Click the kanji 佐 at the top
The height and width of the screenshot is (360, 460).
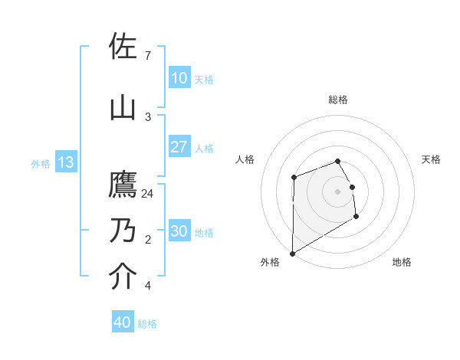pyautogui.click(x=123, y=47)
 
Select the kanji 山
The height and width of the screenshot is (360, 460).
pyautogui.click(x=123, y=107)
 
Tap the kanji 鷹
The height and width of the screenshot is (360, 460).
pyautogui.click(x=123, y=185)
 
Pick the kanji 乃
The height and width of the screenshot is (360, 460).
pyautogui.click(x=123, y=231)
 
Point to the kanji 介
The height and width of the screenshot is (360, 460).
pyautogui.click(x=123, y=277)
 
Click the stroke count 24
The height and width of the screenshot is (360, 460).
pyautogui.click(x=148, y=194)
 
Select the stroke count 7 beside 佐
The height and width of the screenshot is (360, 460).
pyautogui.click(x=147, y=56)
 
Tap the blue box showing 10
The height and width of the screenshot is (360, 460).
pyautogui.click(x=179, y=78)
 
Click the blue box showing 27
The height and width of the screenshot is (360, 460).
pyautogui.click(x=179, y=147)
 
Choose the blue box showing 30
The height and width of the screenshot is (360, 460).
pyautogui.click(x=179, y=231)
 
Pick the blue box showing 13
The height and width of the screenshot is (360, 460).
pyautogui.click(x=65, y=162)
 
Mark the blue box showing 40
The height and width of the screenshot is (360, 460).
pyautogui.click(x=123, y=322)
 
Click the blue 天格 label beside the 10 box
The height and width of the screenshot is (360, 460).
pyautogui.click(x=204, y=79)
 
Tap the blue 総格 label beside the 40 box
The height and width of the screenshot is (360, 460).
pyautogui.click(x=147, y=323)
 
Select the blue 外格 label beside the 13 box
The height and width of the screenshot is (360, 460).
pyautogui.click(x=41, y=163)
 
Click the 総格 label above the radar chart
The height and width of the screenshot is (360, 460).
pyautogui.click(x=338, y=100)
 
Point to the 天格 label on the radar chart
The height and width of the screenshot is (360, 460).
pyautogui.click(x=431, y=159)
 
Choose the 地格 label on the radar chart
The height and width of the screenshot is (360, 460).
pyautogui.click(x=402, y=262)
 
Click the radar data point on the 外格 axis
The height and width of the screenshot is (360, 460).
pyautogui.click(x=292, y=253)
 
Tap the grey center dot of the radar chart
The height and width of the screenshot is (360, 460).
pyautogui.click(x=337, y=191)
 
